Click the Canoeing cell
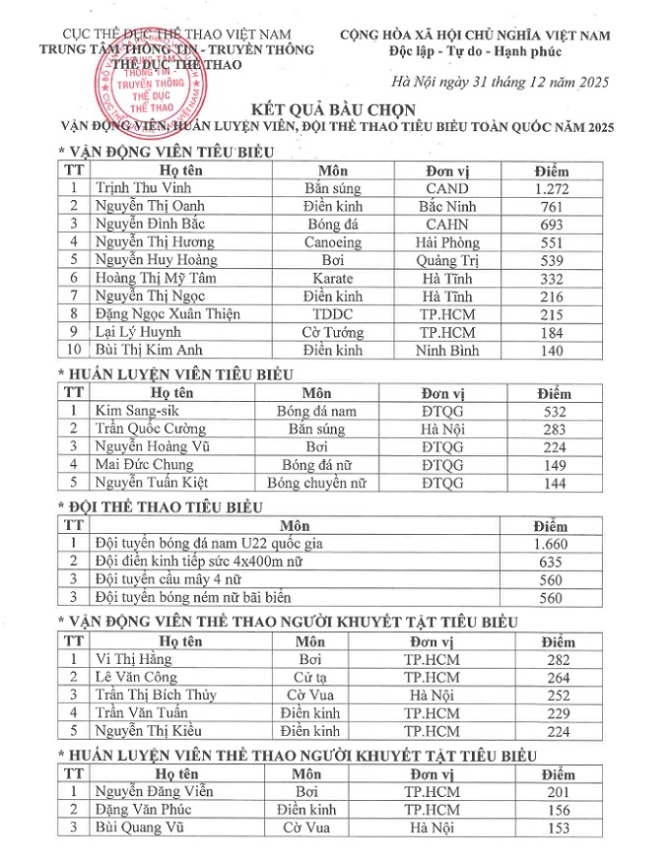click(x=333, y=241)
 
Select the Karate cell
click(x=333, y=278)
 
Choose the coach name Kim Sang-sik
click(x=134, y=411)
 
